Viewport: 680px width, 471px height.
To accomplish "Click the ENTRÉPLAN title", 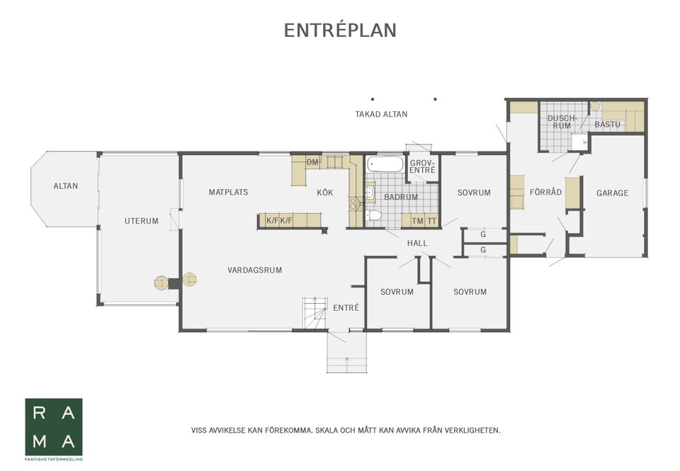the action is tap(340, 30).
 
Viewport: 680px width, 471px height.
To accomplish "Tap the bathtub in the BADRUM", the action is tap(385, 164).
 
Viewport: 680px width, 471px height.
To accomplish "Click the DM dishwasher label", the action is tap(312, 162).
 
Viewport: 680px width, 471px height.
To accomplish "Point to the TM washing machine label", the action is tap(418, 221).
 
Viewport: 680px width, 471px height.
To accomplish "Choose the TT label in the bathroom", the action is tap(432, 221).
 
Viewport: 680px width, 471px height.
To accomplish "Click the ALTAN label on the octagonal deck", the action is tap(65, 186).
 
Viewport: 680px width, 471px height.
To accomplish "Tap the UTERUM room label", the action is tap(142, 221).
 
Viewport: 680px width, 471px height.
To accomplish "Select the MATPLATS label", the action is tap(228, 192).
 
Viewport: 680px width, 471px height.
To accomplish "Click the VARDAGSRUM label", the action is tap(254, 270).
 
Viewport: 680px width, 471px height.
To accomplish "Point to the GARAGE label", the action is tap(612, 193).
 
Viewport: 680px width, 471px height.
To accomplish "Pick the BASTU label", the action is tap(607, 125).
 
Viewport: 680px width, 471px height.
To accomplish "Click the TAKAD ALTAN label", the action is tap(381, 115).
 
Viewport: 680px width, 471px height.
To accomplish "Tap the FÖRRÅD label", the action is tap(545, 192).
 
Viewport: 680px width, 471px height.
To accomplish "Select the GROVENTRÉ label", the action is tap(422, 166).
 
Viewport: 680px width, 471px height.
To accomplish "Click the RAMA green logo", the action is tap(54, 427).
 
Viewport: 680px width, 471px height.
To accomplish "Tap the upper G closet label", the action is tap(483, 234).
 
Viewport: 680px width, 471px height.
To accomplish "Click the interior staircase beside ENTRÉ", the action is tap(314, 314).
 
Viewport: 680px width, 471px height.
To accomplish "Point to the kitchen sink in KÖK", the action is tap(356, 203).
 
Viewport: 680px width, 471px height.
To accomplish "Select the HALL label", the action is tap(417, 244).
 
